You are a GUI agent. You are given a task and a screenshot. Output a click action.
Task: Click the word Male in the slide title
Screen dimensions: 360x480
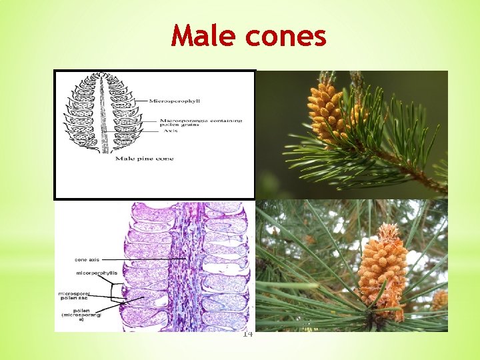204,36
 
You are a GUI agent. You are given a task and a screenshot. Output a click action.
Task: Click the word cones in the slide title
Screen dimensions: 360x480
285,36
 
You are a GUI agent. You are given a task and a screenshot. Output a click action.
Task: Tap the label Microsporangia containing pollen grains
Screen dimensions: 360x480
200,123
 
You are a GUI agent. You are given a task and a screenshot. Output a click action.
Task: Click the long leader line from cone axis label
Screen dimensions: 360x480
143,259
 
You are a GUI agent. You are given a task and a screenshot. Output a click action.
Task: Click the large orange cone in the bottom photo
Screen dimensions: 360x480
381,263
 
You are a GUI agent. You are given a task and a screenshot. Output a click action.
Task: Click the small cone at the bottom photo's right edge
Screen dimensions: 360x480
439,299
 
